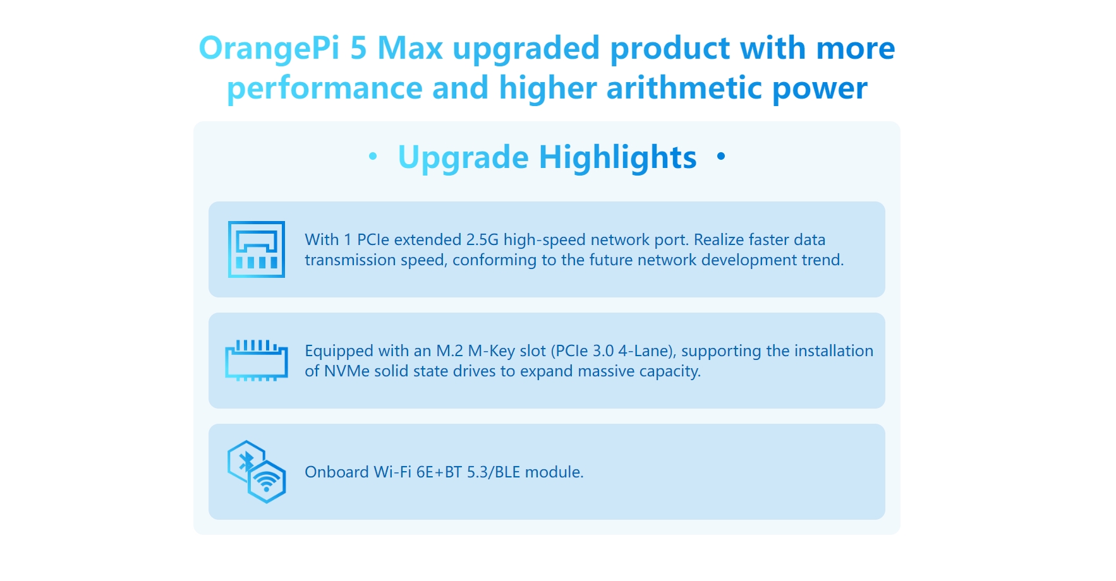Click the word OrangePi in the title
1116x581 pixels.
269,49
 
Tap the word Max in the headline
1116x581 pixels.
410,48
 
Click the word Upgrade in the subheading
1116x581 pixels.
463,157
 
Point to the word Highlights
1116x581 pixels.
617,157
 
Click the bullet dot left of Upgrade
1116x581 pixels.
373,155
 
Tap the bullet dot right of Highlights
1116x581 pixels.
721,155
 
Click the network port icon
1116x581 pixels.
257,249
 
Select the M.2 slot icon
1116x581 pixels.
257,361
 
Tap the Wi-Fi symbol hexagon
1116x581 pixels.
267,482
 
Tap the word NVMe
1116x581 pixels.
347,371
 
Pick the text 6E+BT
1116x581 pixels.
439,472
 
